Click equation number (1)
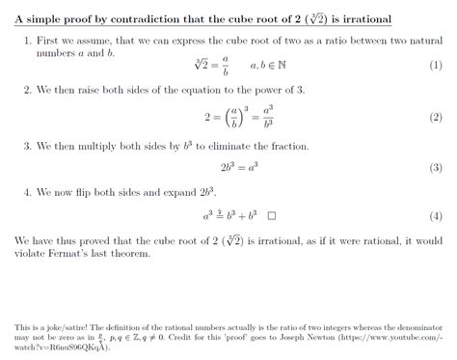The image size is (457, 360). click(x=435, y=65)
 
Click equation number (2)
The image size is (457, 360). click(x=435, y=117)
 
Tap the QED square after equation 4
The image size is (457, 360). click(x=273, y=216)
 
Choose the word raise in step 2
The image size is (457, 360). click(x=99, y=89)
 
